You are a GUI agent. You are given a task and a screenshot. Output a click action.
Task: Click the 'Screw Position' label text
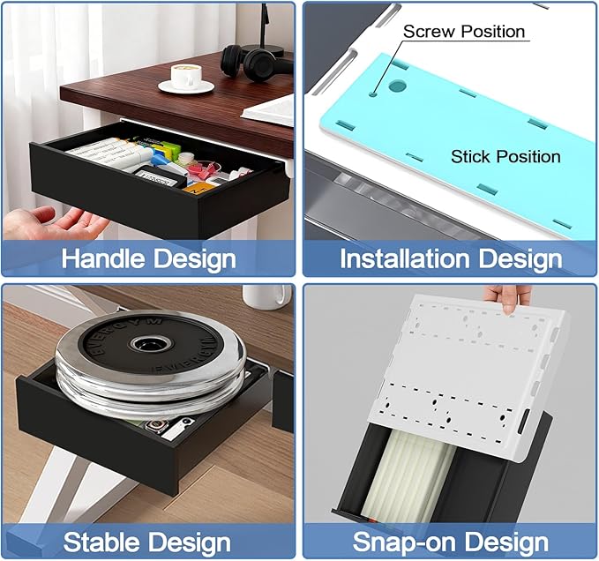coord(464,32)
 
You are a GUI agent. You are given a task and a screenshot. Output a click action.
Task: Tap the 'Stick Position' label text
coord(505,156)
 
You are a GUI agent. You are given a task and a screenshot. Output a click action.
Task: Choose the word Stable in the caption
coord(101,541)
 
